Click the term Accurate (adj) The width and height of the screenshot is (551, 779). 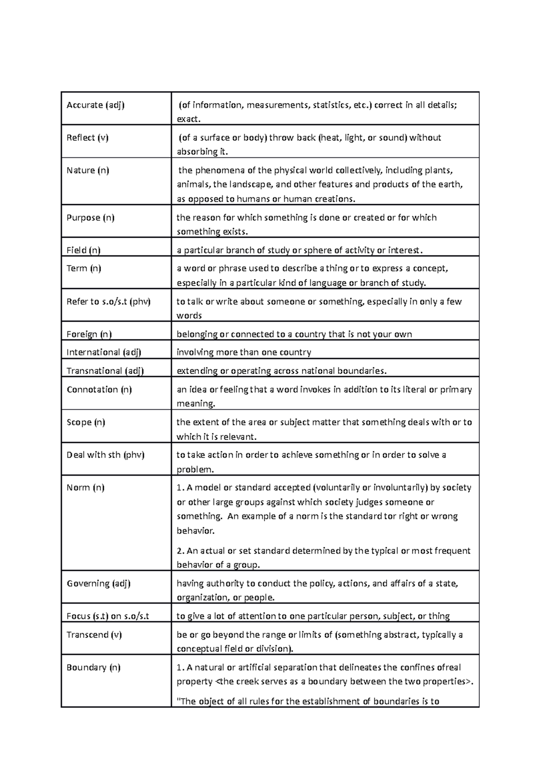click(96, 105)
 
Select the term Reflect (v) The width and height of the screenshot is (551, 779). click(88, 138)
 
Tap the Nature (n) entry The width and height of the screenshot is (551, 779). click(88, 170)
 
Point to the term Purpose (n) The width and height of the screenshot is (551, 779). click(90, 217)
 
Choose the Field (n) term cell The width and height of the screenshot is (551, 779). click(84, 250)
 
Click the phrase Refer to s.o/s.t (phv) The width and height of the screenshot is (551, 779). click(108, 301)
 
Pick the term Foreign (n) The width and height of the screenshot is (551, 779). click(89, 334)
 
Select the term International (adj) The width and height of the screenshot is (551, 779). click(104, 352)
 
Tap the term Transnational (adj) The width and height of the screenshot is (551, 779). click(105, 371)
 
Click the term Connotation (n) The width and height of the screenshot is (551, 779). click(99, 389)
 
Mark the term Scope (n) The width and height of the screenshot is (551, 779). click(86, 422)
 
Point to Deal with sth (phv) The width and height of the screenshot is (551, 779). click(106, 455)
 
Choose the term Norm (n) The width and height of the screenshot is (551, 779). click(85, 488)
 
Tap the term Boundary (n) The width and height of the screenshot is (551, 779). click(94, 668)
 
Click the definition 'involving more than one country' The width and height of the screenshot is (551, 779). click(244, 352)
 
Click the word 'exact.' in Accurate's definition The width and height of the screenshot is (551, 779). click(189, 119)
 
